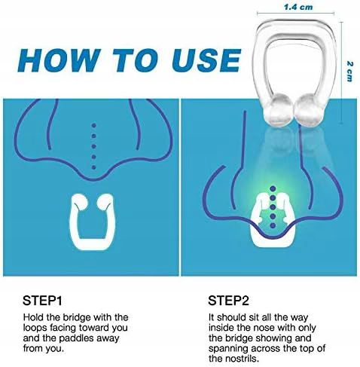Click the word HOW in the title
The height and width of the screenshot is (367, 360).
(x=58, y=60)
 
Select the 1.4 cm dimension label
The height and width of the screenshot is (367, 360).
(x=298, y=7)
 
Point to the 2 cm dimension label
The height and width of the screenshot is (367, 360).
(x=349, y=72)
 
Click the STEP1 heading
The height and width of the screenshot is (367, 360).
(x=42, y=301)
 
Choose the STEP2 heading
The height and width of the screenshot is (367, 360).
(x=228, y=301)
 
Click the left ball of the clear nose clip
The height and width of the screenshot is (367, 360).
(x=279, y=110)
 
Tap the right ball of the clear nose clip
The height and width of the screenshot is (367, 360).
(x=308, y=110)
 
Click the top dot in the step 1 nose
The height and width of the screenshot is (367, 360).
(x=94, y=125)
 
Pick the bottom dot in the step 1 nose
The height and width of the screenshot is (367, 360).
(x=94, y=167)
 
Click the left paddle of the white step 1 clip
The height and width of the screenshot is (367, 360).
(x=80, y=202)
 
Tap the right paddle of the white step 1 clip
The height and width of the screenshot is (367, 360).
(x=105, y=202)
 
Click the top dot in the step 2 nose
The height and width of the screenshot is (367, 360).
(x=273, y=188)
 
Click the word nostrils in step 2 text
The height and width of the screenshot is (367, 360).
(x=243, y=359)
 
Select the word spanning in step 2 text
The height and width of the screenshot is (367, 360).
(x=228, y=349)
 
